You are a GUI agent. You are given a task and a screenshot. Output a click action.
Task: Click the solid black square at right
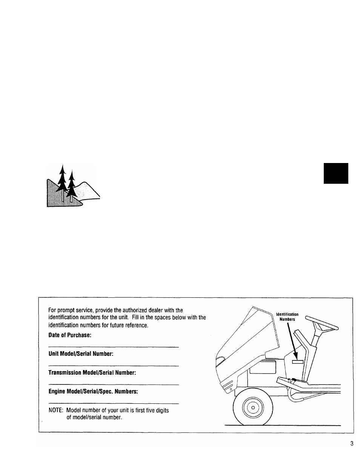336,173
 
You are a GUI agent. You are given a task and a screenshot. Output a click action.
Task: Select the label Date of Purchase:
70,335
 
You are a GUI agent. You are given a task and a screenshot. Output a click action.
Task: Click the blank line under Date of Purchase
113,347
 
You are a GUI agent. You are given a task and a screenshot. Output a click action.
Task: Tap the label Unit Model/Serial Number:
81,354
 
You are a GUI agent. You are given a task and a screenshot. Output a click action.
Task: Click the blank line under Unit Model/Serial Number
113,366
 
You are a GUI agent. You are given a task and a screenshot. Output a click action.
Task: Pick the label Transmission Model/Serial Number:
92,372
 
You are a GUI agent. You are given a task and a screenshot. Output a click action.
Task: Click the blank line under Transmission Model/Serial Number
113,384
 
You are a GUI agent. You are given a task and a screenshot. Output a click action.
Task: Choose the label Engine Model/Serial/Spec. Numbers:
93,391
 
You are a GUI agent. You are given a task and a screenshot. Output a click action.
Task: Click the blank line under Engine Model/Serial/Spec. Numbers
113,403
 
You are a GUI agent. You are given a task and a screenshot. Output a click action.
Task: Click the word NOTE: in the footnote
55,410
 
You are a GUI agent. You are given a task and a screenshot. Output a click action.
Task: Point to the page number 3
352,444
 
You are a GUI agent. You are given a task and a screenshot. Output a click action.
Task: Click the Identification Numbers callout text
287,317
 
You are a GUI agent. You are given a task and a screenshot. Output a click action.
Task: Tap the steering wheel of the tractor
322,323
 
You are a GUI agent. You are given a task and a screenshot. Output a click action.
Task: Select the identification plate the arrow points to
297,361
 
